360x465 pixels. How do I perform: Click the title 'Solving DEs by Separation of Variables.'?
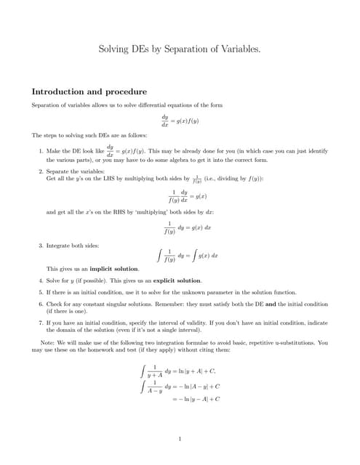(180, 49)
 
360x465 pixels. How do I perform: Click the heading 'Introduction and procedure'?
(89, 92)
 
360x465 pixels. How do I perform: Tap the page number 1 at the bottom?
(180, 438)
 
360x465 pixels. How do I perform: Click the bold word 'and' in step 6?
(268, 304)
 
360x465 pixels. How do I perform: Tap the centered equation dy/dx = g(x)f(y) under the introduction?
(180, 121)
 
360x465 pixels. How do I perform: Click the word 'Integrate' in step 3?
(59, 246)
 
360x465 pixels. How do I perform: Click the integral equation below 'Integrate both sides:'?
(188, 256)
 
